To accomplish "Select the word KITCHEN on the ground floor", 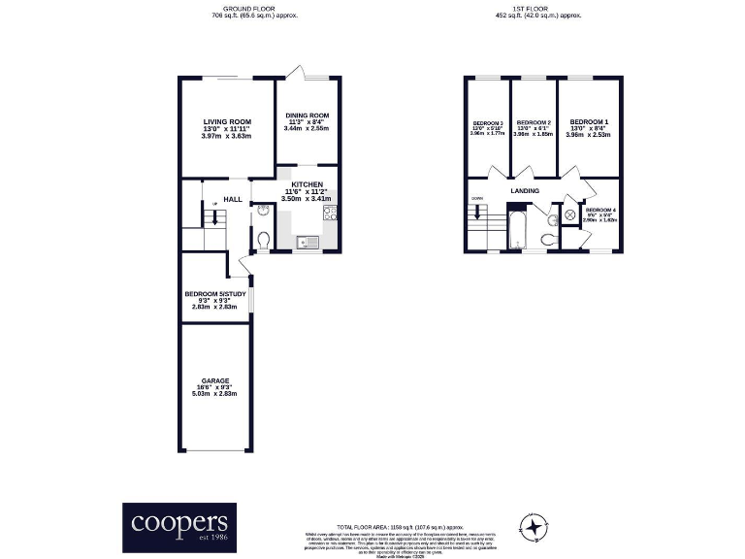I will pyautogui.click(x=307, y=184).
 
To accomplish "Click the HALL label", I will pyautogui.click(x=233, y=199).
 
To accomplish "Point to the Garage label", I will pyautogui.click(x=214, y=381).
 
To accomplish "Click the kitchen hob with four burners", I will pyautogui.click(x=330, y=214).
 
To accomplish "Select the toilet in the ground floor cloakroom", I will pyautogui.click(x=264, y=238).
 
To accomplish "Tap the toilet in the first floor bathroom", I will pyautogui.click(x=547, y=238).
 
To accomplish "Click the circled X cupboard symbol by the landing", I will pyautogui.click(x=570, y=215).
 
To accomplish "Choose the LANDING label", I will pyautogui.click(x=525, y=192).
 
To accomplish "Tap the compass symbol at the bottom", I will pyautogui.click(x=532, y=527).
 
